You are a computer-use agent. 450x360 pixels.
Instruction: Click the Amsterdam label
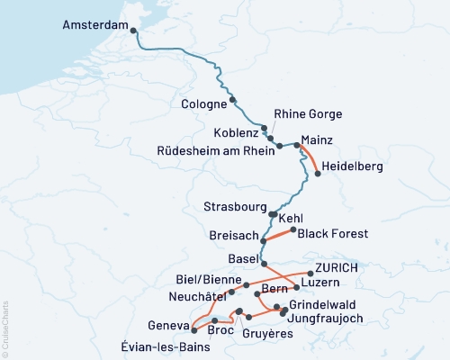pyautogui.click(x=95, y=26)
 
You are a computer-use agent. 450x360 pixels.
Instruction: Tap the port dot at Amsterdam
pyautogui.click(x=134, y=31)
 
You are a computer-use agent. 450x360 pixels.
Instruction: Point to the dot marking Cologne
pyautogui.click(x=233, y=100)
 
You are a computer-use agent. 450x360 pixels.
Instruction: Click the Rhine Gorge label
pyautogui.click(x=309, y=113)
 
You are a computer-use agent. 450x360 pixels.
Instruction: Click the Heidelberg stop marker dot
pyautogui.click(x=318, y=175)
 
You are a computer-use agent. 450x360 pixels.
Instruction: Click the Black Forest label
pyautogui.click(x=333, y=233)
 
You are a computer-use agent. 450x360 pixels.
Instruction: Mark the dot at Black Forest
pyautogui.click(x=292, y=230)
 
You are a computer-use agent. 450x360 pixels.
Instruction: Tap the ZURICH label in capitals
pyautogui.click(x=337, y=268)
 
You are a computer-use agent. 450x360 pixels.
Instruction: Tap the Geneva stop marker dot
pyautogui.click(x=193, y=328)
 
